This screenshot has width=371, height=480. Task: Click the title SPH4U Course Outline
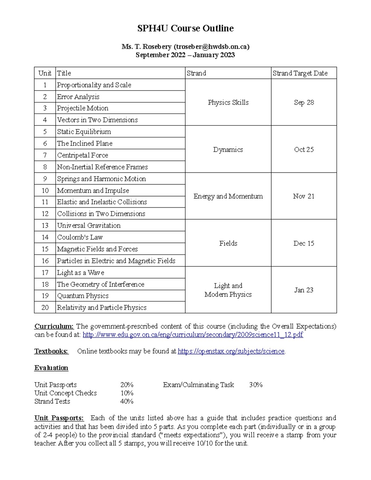185,28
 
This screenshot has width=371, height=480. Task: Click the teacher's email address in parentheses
211,47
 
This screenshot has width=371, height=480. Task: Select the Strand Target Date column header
300,73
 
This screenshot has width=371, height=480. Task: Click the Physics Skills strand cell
228,102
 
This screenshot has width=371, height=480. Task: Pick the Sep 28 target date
304,102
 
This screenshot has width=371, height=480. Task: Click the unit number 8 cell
45,167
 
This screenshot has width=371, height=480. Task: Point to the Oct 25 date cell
304,150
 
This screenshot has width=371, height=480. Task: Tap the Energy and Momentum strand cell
228,196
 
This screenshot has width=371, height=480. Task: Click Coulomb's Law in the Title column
80,237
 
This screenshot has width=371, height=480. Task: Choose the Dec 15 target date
304,244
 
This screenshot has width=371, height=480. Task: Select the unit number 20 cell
45,308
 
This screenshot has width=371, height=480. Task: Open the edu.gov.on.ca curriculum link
193,335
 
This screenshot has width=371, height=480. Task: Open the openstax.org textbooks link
231,351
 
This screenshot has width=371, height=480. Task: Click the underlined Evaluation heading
51,368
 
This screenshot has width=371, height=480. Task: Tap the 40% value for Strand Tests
127,401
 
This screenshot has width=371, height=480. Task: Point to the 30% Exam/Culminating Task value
256,385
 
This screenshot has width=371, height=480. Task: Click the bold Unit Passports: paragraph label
59,418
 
